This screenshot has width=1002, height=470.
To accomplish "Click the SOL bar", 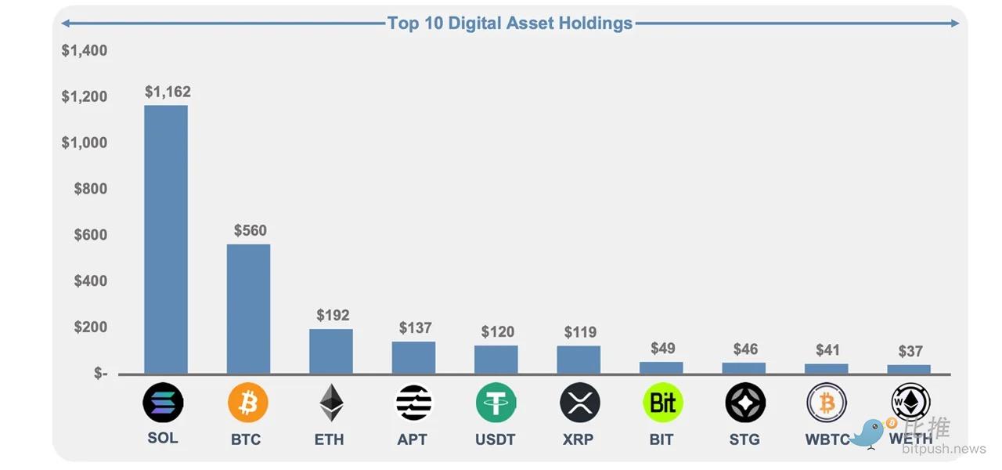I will tap(166, 240).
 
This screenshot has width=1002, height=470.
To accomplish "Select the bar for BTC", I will tap(248, 309).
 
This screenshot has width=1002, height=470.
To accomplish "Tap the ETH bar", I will tap(331, 352).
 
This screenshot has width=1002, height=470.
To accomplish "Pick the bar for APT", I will tap(413, 358).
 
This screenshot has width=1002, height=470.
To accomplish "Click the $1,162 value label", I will tap(168, 92).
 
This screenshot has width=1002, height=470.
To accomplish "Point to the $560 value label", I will tap(250, 230).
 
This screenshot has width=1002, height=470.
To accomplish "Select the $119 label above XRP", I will tap(580, 332).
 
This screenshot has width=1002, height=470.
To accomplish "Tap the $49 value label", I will tap(662, 348).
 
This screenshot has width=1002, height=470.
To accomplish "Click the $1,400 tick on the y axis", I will tap(85, 51).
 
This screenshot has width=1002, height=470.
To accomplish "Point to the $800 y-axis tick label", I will tap(90, 189).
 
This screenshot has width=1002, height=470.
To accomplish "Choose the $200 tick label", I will tap(90, 327).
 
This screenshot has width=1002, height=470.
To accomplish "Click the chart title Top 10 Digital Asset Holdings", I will tap(510, 23).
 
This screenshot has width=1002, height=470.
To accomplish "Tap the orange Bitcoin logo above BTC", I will tap(248, 403).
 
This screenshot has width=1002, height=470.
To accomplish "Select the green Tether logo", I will tap(496, 403).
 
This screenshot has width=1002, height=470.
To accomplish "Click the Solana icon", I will tap(163, 403).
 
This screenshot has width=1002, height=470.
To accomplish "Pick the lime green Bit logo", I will tap(662, 403).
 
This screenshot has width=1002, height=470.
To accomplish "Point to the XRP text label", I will tap(578, 439).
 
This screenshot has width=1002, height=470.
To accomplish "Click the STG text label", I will tap(744, 439).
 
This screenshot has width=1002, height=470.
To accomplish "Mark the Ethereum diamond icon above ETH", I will tap(331, 403).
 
